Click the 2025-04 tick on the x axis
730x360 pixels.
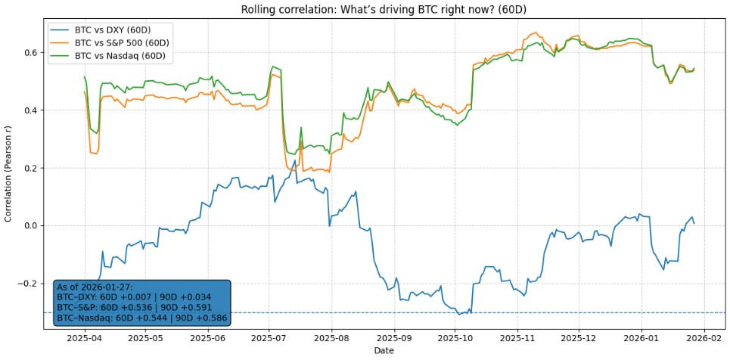click(85, 340)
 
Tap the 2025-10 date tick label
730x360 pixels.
click(457, 340)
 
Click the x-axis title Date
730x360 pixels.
click(383, 352)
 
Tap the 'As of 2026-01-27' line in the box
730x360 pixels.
click(95, 287)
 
